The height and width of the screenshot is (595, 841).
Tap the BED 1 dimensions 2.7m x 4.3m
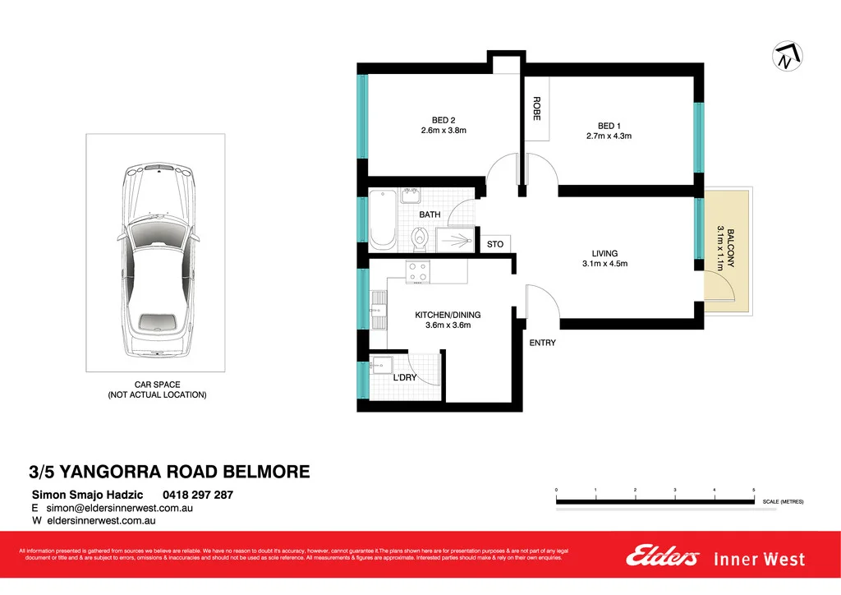[x=609, y=136]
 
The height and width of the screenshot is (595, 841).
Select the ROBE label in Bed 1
[x=536, y=109]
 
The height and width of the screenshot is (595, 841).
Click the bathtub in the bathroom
[x=382, y=220]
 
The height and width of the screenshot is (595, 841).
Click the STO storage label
[x=494, y=244]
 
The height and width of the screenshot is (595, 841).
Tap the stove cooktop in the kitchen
[x=417, y=271]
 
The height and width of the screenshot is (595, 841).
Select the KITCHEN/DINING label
[x=448, y=315]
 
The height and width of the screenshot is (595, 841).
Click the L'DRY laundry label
[x=406, y=377]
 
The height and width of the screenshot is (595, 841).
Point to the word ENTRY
[x=542, y=343]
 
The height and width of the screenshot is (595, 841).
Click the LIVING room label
[x=604, y=253]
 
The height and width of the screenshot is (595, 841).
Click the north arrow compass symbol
[x=787, y=57]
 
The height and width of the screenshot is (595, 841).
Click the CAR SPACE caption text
[x=157, y=385]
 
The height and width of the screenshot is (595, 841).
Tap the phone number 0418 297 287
[x=198, y=495]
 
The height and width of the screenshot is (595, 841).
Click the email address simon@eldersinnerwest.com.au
[x=119, y=509]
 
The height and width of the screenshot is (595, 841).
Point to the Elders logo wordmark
[x=662, y=557]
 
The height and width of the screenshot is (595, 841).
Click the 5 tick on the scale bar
[x=753, y=490]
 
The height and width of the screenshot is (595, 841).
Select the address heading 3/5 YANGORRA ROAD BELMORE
[x=170, y=472]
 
